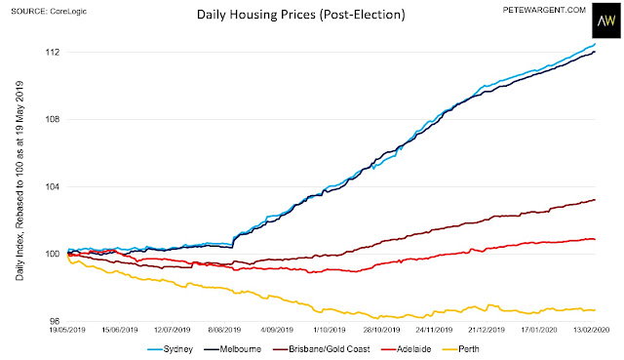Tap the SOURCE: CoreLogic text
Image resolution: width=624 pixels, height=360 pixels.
pyautogui.click(x=49, y=11)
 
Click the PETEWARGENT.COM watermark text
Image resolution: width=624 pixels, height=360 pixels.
pyautogui.click(x=544, y=10)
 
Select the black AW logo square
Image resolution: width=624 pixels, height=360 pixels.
pyautogui.click(x=606, y=20)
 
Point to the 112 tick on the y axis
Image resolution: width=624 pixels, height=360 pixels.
pyautogui.click(x=53, y=52)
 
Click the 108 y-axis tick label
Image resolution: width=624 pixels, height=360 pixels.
pyautogui.click(x=53, y=119)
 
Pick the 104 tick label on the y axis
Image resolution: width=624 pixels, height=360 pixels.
pyautogui.click(x=53, y=186)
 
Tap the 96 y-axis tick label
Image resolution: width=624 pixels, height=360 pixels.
pyautogui.click(x=55, y=321)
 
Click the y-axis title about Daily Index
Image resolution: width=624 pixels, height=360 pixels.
pyautogui.click(x=19, y=180)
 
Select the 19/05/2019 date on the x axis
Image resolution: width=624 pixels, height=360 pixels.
pyautogui.click(x=67, y=330)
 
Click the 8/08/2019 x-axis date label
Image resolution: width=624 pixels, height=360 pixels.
pyautogui.click(x=225, y=330)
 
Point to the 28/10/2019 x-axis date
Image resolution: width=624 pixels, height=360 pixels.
pyautogui.click(x=381, y=330)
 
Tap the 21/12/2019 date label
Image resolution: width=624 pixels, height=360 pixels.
pyautogui.click(x=487, y=330)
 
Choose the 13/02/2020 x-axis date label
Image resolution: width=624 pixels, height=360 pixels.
pyautogui.click(x=592, y=330)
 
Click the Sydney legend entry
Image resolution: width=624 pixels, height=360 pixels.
pyautogui.click(x=170, y=349)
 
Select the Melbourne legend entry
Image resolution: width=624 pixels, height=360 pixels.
pyautogui.click(x=232, y=349)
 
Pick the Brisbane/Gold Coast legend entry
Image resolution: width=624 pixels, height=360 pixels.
pyautogui.click(x=322, y=349)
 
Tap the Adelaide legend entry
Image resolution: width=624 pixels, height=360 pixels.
pyautogui.click(x=407, y=349)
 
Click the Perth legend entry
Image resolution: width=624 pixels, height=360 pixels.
pyautogui.click(x=461, y=349)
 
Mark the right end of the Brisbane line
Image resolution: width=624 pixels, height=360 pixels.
pyautogui.click(x=595, y=200)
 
